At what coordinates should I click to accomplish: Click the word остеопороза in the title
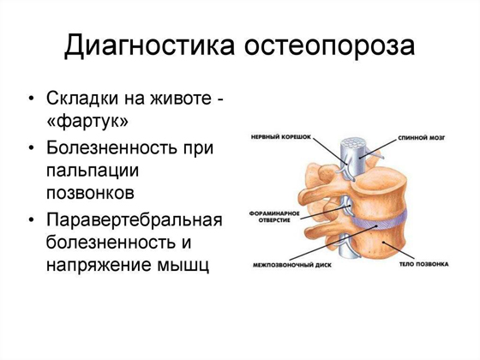pyautogui.click(x=333, y=46)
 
